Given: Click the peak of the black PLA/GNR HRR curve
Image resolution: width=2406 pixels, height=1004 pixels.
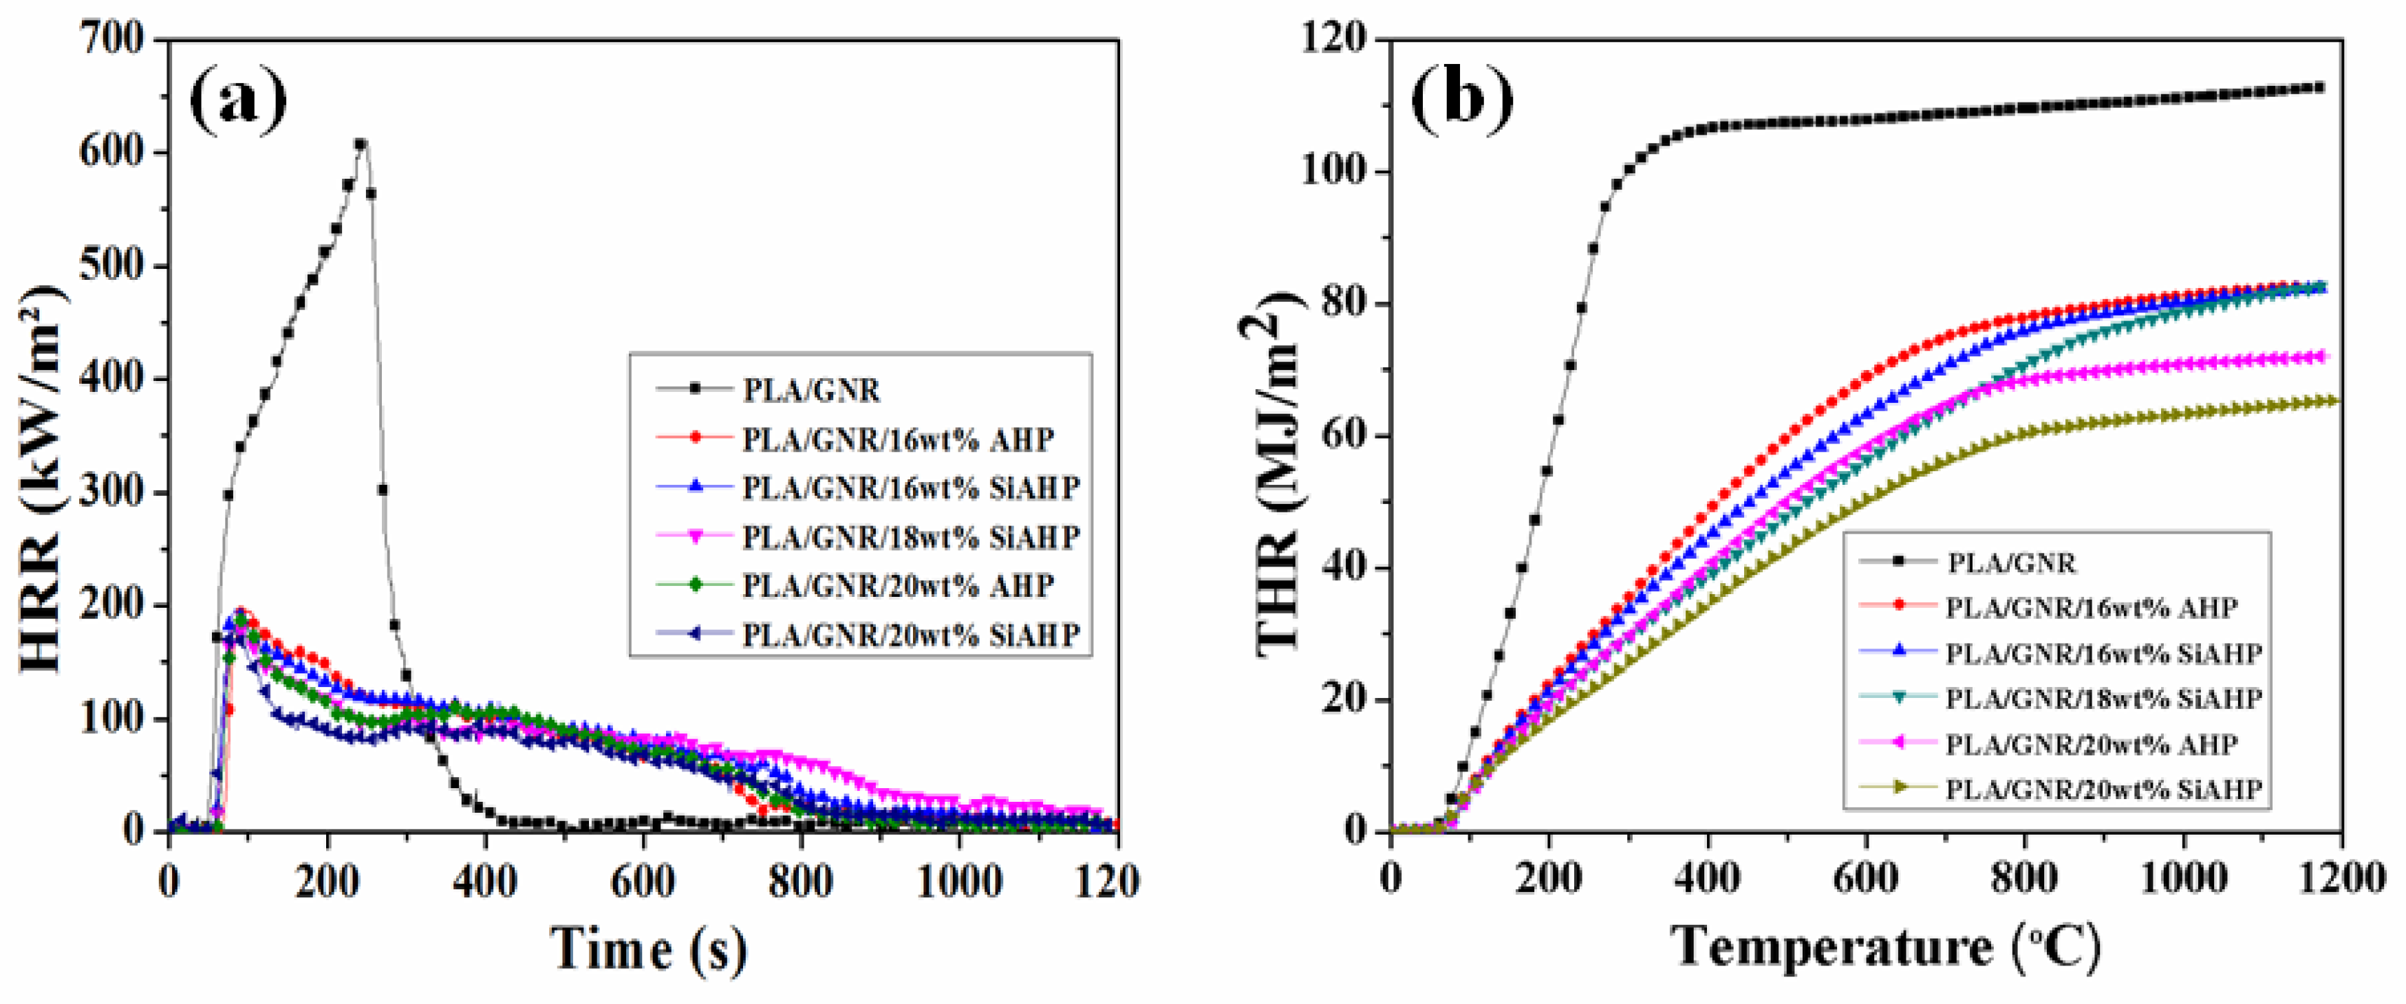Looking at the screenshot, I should point(361,144).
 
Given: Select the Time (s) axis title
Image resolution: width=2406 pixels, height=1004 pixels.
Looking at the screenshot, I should point(648,950).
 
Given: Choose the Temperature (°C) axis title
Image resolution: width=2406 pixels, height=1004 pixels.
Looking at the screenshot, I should point(1886,947).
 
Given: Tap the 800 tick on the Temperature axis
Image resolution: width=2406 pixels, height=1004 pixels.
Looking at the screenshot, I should point(2024,878).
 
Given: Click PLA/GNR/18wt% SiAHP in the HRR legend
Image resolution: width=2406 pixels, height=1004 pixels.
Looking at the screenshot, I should point(911,537).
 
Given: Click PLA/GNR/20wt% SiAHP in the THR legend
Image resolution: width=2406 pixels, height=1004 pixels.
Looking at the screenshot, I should point(2103,789).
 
